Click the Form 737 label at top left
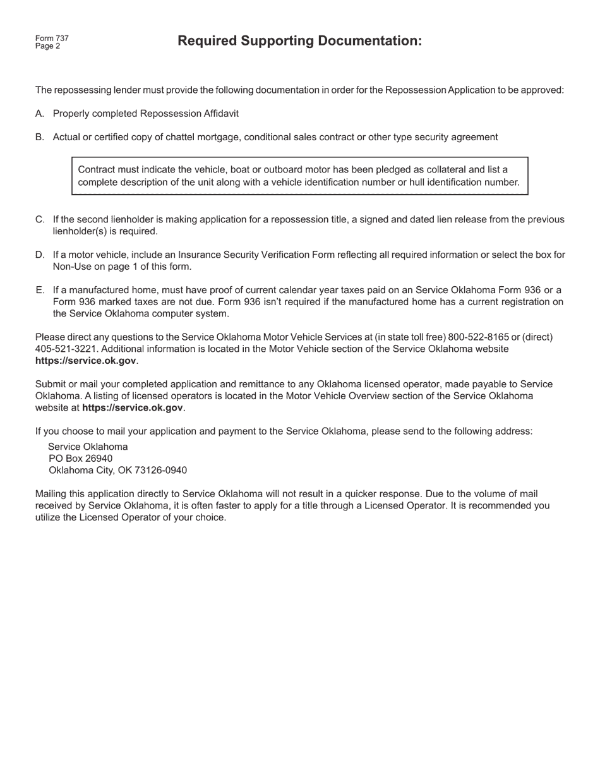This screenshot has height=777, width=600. coord(52,39)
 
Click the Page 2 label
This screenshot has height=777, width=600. coord(48,46)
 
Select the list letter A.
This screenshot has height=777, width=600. coord(40,114)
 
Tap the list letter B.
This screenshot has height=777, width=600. coord(40,137)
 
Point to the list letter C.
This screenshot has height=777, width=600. coord(40,220)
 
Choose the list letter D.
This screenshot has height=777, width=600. coord(40,255)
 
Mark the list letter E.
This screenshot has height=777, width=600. coord(40,291)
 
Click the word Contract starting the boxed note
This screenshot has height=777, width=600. coord(96,170)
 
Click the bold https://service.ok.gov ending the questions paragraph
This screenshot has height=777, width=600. coord(86,361)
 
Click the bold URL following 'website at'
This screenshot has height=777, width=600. coord(133,408)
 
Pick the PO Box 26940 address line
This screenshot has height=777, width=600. coord(81,459)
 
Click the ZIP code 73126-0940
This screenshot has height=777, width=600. coord(160,471)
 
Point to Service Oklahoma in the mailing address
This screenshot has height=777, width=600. coord(88,447)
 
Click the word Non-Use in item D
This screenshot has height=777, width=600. coord(70,267)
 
